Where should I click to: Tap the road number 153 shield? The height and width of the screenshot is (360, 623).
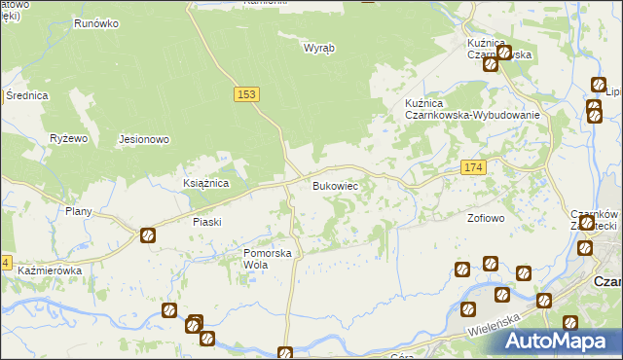tap(246, 93)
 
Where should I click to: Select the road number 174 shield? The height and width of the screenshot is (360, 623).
tap(473, 168)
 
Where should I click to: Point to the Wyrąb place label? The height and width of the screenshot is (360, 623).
tap(318, 47)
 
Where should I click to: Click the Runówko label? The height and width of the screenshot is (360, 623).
tap(96, 20)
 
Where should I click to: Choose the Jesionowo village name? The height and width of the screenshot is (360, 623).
tap(144, 139)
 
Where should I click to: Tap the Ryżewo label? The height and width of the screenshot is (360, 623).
tap(69, 139)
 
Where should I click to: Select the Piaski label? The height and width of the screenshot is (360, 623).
tap(207, 222)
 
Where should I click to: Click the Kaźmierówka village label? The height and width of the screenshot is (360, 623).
tap(49, 269)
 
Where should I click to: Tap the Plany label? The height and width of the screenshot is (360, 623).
tap(78, 211)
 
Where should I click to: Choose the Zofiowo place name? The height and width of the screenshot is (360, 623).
tap(486, 218)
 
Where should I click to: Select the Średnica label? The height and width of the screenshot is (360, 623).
tap(27, 95)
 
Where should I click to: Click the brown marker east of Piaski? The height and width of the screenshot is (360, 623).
tap(147, 234)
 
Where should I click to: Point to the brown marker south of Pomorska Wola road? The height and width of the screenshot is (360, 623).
tap(285, 353)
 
